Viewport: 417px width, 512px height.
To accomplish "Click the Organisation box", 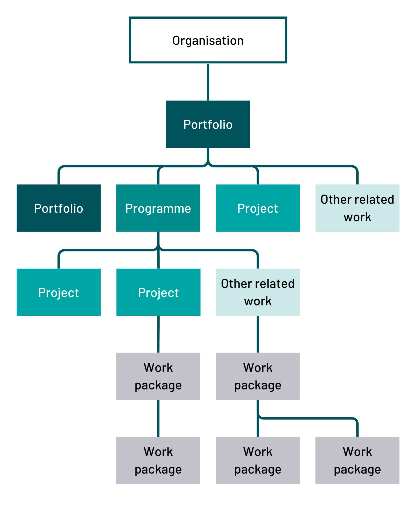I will point(208,40).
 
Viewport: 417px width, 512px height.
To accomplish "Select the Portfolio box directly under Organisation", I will point(208,124).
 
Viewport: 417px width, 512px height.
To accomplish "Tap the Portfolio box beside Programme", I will point(59,208).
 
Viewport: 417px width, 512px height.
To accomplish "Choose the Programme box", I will point(158,208).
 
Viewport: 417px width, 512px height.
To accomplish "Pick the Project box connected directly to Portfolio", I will point(258,208).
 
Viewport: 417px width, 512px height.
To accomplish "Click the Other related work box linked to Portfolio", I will point(357,208).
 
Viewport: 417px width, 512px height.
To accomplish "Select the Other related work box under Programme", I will point(258,292).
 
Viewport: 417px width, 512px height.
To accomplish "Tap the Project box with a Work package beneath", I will point(158,292).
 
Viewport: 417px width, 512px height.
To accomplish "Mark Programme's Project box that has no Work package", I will point(59,292).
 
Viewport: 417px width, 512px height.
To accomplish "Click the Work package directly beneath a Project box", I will point(158,376).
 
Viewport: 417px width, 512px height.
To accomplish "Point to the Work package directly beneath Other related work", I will point(258,376).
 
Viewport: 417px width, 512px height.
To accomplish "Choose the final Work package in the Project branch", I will point(158,460).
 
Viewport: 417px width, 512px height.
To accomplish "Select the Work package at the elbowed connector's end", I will point(357,460).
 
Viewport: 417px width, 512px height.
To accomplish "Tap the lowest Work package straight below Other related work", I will point(258,460).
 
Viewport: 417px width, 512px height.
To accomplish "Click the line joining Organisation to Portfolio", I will point(208,82).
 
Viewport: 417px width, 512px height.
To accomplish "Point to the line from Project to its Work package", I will point(158,334).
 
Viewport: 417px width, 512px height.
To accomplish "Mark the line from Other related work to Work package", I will point(258,334).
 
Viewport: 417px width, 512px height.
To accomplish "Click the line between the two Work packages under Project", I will point(158,418).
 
